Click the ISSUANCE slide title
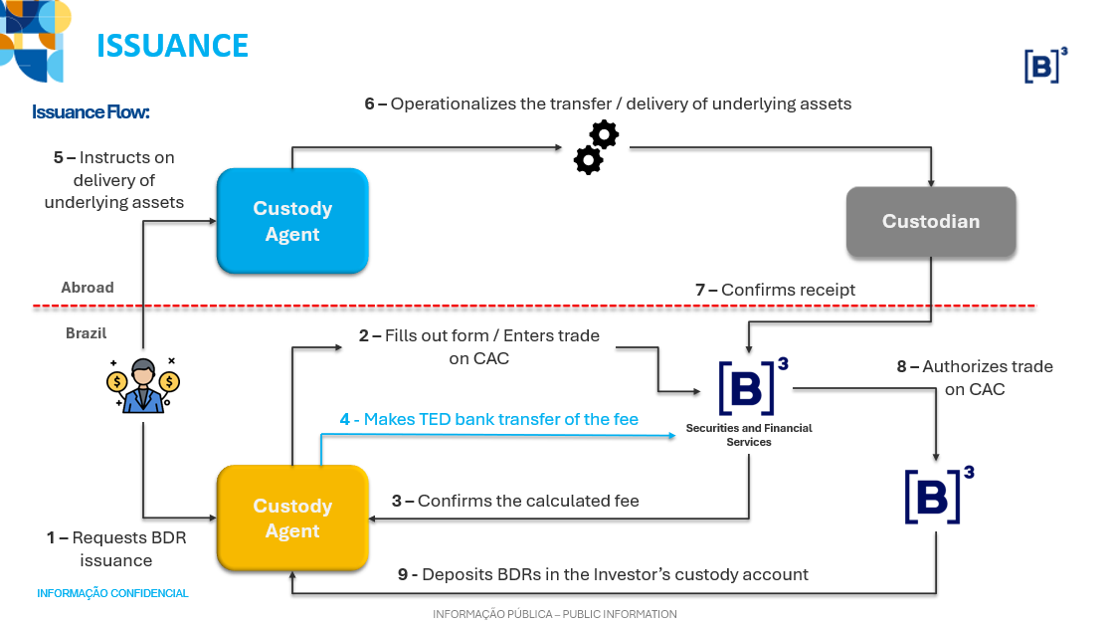point(172,46)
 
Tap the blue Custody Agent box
point(292,221)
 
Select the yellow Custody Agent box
point(292,519)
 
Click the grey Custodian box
point(930,222)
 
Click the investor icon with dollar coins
point(143,384)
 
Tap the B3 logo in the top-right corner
point(1045,65)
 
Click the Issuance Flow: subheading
point(91,111)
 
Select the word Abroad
point(88,288)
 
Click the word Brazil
point(86,333)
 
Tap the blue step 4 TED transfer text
point(488,420)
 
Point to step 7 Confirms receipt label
point(775,290)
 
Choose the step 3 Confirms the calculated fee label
point(515,501)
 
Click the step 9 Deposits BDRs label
point(603,574)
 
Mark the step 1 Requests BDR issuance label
point(115,548)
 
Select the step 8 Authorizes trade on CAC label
point(974,377)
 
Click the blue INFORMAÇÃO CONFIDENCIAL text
point(112,593)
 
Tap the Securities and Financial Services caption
point(749,435)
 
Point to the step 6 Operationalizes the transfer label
point(608,104)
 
